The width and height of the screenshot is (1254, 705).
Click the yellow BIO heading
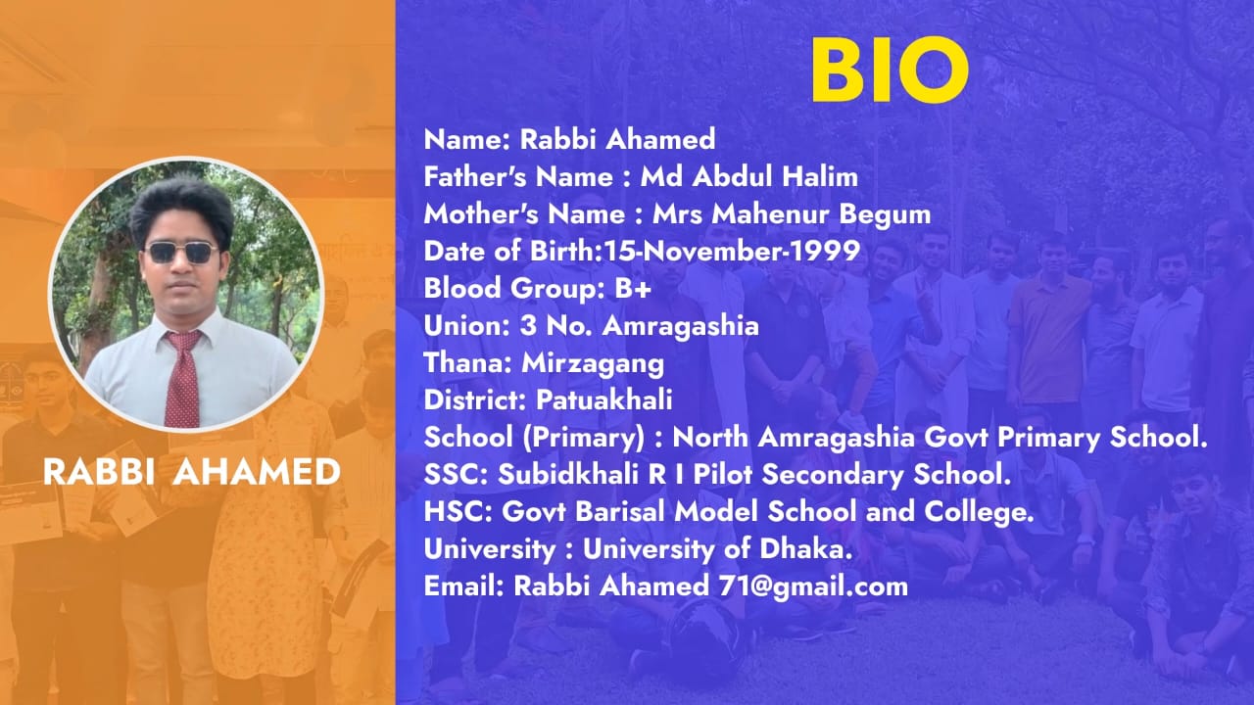[x=891, y=70]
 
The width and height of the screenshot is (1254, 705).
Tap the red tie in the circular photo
[x=183, y=378]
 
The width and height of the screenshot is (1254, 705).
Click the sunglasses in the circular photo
[x=181, y=253]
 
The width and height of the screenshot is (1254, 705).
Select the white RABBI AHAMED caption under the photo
[x=192, y=472]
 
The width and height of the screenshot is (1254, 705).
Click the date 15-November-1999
[x=731, y=252]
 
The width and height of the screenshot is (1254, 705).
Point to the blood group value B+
[x=633, y=289]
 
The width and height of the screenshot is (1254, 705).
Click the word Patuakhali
[x=604, y=400]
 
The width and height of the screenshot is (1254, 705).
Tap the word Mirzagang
[x=593, y=363]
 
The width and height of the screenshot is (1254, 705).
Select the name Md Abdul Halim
[x=749, y=177]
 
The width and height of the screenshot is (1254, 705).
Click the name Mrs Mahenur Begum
[x=792, y=214]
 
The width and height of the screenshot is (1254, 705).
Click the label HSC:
[x=458, y=511]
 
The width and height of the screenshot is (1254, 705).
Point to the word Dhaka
[x=805, y=549]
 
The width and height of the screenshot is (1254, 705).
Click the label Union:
[x=466, y=326]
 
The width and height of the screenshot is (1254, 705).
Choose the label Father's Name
[x=518, y=177]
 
